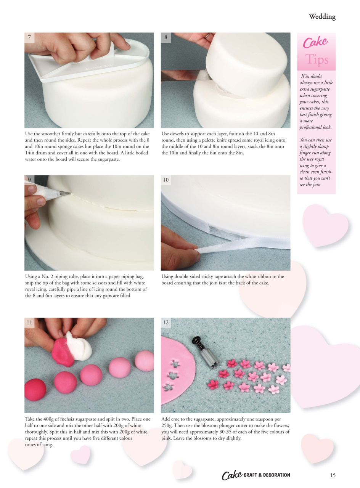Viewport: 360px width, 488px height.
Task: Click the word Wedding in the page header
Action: pos(322,16)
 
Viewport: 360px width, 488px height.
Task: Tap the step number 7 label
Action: pos(29,37)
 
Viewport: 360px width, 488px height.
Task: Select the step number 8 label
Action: pos(166,37)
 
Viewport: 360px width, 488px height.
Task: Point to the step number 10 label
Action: pos(166,180)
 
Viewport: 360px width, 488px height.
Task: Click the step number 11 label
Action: pos(29,322)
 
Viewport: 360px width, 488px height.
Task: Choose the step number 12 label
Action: pos(166,322)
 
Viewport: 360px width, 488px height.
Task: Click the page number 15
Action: pos(333,475)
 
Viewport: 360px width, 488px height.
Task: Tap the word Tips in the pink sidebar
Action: pos(316,60)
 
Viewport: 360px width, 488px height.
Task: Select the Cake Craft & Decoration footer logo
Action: pos(256,475)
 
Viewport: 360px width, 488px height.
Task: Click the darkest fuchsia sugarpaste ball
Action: pos(35,390)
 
